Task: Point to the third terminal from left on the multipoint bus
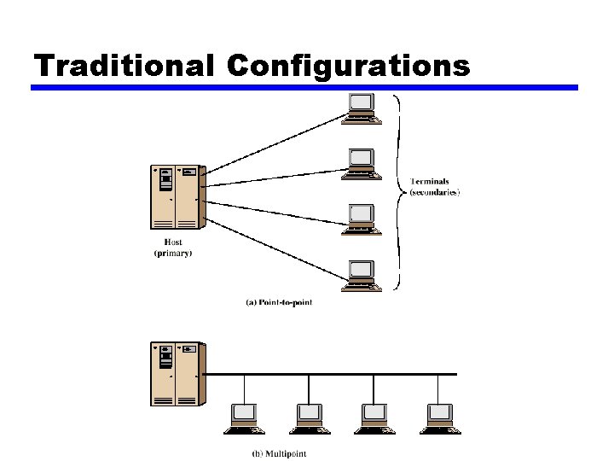(x=375, y=416)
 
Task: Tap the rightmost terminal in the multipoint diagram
(x=440, y=416)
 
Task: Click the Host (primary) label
(x=173, y=248)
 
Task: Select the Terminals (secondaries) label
(x=434, y=187)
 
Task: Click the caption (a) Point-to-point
(x=279, y=302)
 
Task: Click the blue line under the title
(x=304, y=87)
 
